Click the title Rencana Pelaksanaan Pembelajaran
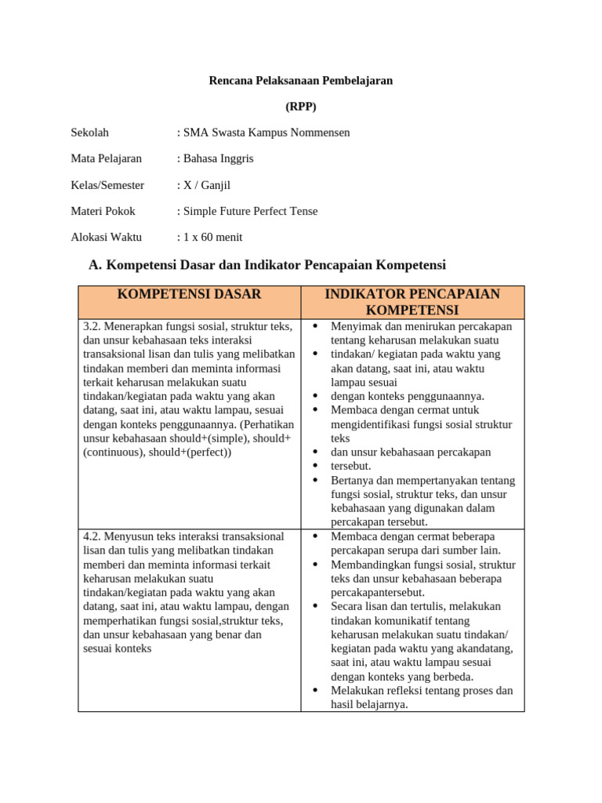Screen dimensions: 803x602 pyautogui.click(x=300, y=80)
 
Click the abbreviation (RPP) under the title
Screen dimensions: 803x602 pyautogui.click(x=301, y=107)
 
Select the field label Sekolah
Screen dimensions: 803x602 pyautogui.click(x=90, y=133)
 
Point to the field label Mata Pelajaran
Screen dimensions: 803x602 pyautogui.click(x=107, y=158)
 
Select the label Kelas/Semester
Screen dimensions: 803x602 pyautogui.click(x=107, y=185)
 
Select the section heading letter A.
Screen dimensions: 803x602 pyautogui.click(x=96, y=265)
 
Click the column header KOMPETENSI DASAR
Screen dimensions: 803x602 pyautogui.click(x=189, y=295)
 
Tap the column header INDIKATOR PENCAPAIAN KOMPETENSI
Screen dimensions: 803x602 pyautogui.click(x=412, y=302)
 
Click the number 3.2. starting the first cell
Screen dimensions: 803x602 pyautogui.click(x=92, y=326)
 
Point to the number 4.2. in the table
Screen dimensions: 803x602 pyautogui.click(x=92, y=536)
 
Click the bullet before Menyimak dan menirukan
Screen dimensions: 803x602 pyautogui.click(x=314, y=326)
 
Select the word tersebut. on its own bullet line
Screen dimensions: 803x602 pyautogui.click(x=350, y=466)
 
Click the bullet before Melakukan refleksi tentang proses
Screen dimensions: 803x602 pyautogui.click(x=314, y=691)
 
